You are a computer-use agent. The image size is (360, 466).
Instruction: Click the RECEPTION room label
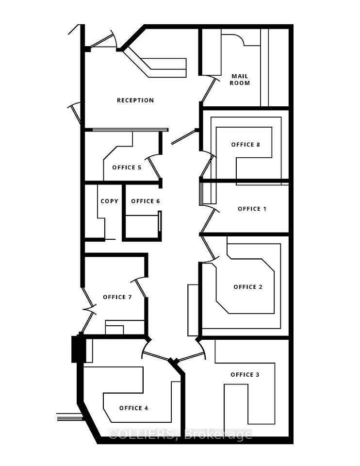pyautogui.click(x=135, y=100)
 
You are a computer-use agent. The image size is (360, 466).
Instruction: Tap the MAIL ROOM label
pyautogui.click(x=240, y=80)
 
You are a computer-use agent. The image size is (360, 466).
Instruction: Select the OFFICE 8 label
pyautogui.click(x=245, y=145)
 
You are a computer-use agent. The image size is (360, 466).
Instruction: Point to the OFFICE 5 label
pyautogui.click(x=127, y=167)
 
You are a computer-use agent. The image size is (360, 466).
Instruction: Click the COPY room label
pyautogui.click(x=109, y=201)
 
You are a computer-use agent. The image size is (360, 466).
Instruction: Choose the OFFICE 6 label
pyautogui.click(x=146, y=201)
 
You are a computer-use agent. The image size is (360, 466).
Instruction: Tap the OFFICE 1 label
pyautogui.click(x=252, y=209)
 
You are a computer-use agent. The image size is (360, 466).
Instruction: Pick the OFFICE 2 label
pyautogui.click(x=248, y=287)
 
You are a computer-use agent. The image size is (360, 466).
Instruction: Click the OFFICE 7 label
pyautogui.click(x=117, y=297)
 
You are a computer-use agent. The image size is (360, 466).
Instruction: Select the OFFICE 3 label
pyautogui.click(x=245, y=375)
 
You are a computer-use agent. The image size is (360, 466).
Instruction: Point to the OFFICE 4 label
pyautogui.click(x=133, y=408)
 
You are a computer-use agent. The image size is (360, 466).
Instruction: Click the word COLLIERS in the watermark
pyautogui.click(x=142, y=434)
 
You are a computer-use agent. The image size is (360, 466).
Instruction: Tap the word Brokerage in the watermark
pyautogui.click(x=218, y=435)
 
